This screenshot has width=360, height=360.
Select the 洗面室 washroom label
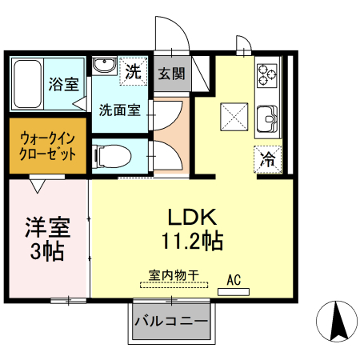click(x=119, y=110)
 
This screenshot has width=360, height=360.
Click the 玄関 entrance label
click(x=170, y=74)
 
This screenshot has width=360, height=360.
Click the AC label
click(x=234, y=279)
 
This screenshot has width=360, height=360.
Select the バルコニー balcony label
click(x=170, y=322)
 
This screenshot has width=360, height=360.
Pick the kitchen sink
click(x=268, y=120)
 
